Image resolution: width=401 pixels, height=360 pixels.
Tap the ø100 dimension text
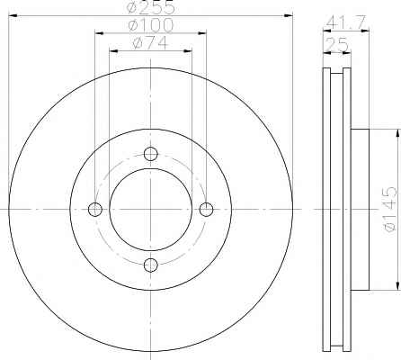point(151,25)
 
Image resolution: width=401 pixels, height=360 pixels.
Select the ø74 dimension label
point(150,43)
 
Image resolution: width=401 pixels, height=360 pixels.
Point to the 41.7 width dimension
point(346,22)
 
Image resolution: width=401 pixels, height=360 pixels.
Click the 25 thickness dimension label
point(337,45)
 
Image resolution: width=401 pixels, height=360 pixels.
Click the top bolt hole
point(151,154)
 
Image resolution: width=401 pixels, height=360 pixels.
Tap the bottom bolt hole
point(151,265)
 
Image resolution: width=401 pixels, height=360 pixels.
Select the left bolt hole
point(95,210)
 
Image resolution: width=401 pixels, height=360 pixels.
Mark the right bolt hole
point(206,210)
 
